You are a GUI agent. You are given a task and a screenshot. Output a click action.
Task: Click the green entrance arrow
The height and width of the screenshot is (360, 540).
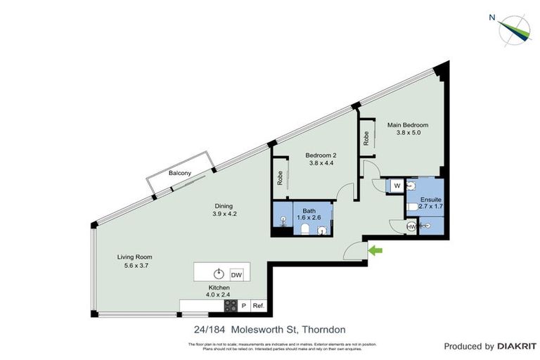pos(375,250)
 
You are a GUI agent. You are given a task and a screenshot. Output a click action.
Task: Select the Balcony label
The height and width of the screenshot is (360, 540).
pos(181,173)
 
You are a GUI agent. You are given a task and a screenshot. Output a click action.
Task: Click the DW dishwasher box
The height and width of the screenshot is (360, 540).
pos(236,274)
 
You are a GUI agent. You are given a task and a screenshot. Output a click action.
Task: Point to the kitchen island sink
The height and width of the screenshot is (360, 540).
pos(219,274)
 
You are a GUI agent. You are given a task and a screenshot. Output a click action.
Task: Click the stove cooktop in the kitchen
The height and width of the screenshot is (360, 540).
pos(231,306)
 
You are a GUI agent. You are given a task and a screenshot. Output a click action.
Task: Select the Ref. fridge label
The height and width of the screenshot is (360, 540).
pos(259,306)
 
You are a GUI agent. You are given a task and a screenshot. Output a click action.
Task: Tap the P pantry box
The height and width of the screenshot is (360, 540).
pos(244,306)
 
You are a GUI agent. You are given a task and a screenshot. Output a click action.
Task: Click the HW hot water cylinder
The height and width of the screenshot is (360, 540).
pos(411,226)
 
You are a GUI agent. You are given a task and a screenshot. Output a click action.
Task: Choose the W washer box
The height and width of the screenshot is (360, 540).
pos(397,186)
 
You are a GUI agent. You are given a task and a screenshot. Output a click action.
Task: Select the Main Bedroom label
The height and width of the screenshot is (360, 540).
pos(408,125)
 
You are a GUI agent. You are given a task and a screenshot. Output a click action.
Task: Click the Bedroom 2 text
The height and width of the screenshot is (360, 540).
pos(321,155)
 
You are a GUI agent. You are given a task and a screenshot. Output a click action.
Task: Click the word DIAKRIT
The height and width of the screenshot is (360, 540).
pos(516,346)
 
